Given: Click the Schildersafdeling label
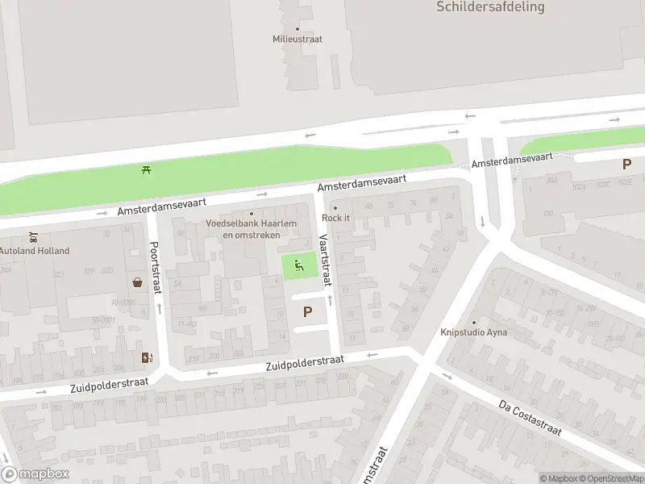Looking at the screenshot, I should pyautogui.click(x=490, y=7).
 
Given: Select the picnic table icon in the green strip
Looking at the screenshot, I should pyautogui.click(x=147, y=169).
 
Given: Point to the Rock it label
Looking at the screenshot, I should pyautogui.click(x=335, y=218).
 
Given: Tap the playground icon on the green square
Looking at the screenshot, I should pyautogui.click(x=299, y=265).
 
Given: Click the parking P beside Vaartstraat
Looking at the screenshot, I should pyautogui.click(x=306, y=312).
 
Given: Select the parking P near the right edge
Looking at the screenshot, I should pyautogui.click(x=626, y=165).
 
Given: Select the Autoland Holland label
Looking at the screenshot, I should pyautogui.click(x=34, y=251).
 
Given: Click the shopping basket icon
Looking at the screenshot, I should pyautogui.click(x=138, y=282).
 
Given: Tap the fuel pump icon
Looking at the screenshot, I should pyautogui.click(x=146, y=357).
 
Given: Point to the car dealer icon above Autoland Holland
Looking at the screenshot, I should pyautogui.click(x=33, y=238).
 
